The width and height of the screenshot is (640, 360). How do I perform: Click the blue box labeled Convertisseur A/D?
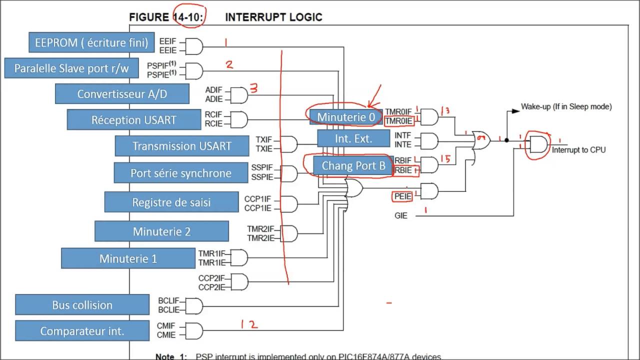(122, 94)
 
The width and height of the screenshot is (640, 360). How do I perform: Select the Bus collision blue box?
(82, 305)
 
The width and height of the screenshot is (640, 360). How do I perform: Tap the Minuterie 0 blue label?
(345, 117)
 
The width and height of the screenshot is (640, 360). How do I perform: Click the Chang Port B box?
(353, 166)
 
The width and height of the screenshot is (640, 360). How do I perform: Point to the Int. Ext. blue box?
(353, 138)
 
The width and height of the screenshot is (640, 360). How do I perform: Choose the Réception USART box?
(133, 120)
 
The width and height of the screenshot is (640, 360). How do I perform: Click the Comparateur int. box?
(82, 331)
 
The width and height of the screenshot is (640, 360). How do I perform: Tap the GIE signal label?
(400, 216)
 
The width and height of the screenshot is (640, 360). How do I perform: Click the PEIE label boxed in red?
(402, 196)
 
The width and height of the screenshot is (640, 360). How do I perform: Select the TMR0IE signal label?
(398, 121)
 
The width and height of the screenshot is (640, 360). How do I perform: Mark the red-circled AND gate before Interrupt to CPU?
(538, 144)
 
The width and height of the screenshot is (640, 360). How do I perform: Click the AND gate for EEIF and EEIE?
(193, 46)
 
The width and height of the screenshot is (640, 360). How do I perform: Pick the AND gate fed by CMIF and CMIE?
(193, 330)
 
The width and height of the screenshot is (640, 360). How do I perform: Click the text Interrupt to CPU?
(578, 150)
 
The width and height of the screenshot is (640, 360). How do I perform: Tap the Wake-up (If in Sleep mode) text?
(566, 106)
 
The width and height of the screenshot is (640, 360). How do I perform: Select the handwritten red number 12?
(248, 324)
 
